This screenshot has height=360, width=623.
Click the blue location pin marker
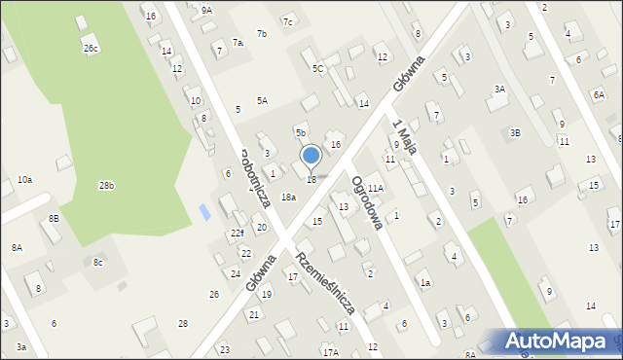click(311, 156)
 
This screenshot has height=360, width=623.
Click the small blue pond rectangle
click(202, 211)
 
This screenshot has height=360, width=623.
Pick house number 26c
click(91, 49)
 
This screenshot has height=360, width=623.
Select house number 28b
click(105, 185)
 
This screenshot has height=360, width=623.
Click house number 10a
click(25, 180)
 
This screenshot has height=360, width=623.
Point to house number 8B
click(54, 219)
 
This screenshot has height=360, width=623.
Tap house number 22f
click(238, 234)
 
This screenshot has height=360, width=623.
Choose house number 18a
click(288, 198)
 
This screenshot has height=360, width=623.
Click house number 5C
click(317, 69)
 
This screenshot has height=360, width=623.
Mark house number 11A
click(376, 188)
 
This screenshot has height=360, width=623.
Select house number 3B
click(515, 132)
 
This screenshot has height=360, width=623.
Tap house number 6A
click(599, 94)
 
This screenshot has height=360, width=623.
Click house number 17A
click(331, 352)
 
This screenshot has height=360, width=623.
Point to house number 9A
click(206, 10)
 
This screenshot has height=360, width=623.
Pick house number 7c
click(287, 21)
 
